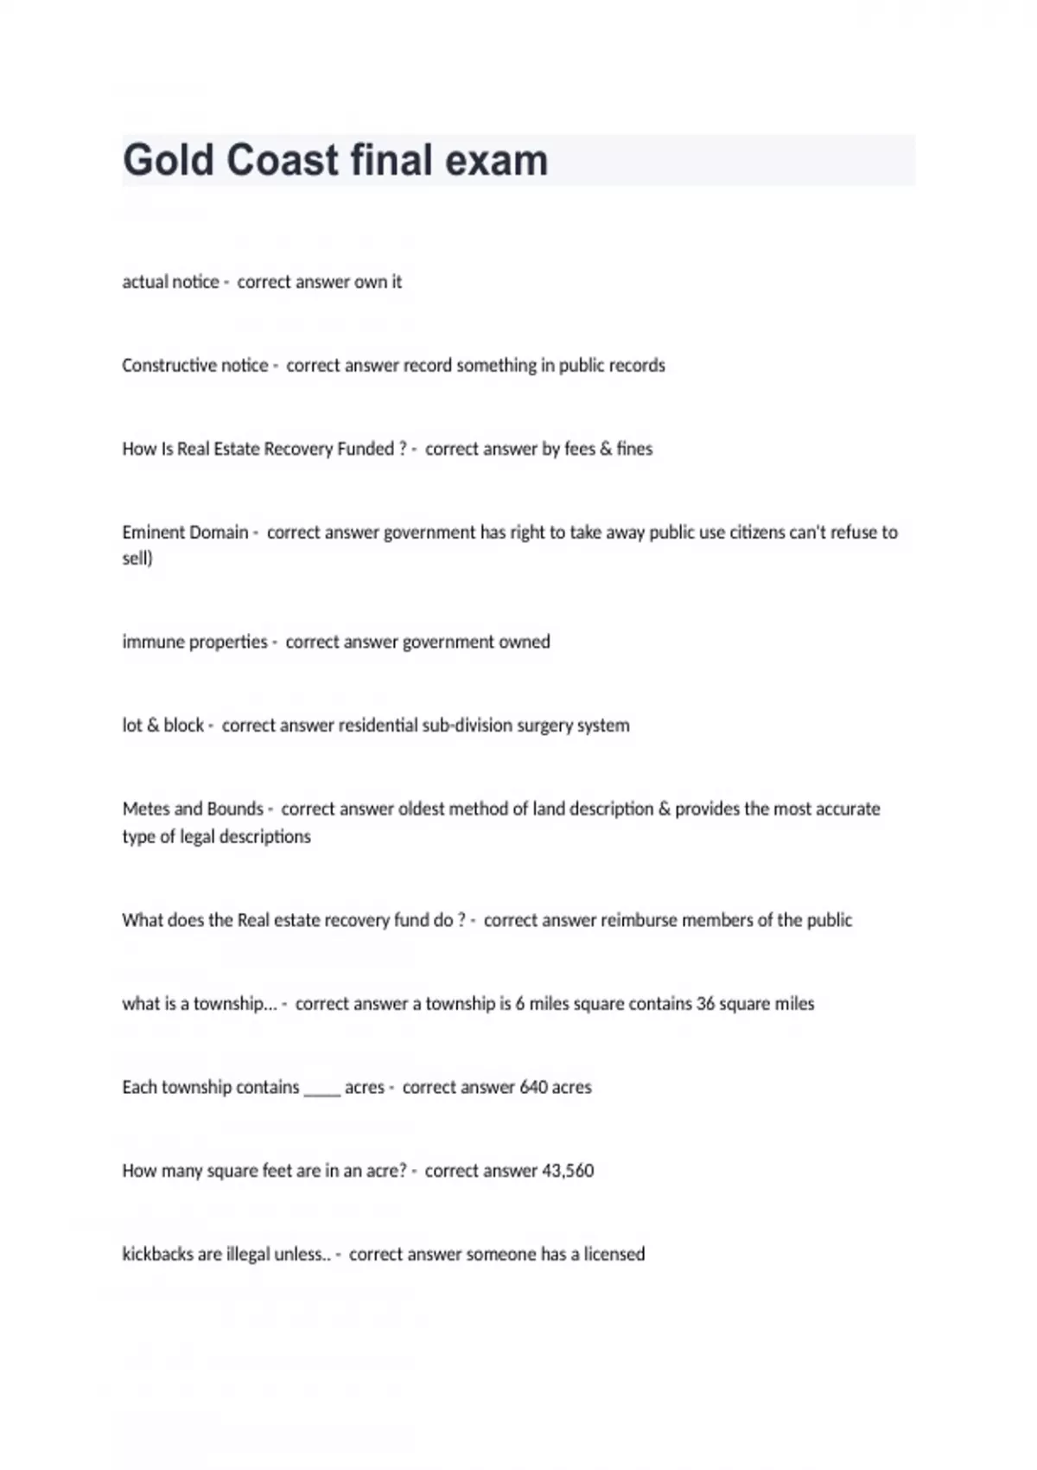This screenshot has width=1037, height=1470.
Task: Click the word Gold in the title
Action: point(169,161)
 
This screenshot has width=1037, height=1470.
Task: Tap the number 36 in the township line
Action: point(705,1004)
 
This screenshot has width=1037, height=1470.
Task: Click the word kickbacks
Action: point(157,1254)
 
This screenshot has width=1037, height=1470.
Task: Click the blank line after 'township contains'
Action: point(322,1089)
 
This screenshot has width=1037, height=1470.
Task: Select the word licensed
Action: point(614,1254)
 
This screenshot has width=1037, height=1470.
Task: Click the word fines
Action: point(634,449)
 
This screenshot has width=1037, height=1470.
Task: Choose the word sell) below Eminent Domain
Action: point(137,559)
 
